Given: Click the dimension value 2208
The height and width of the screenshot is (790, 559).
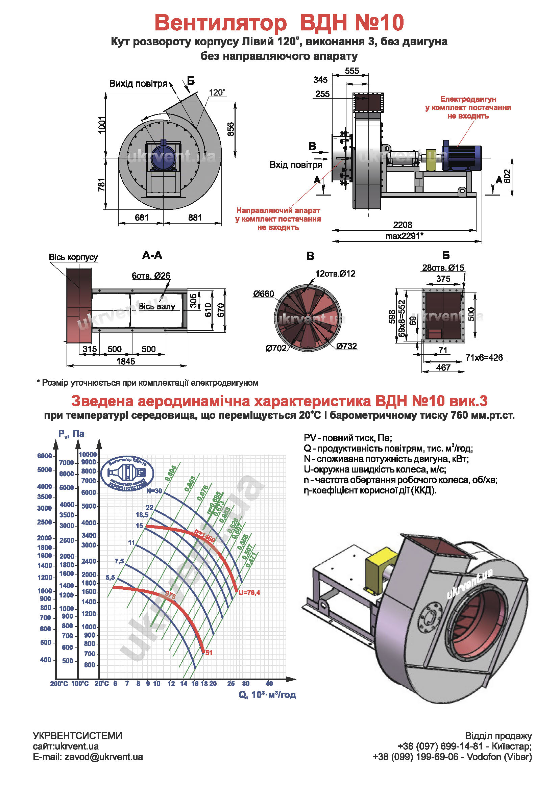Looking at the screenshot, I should (x=403, y=225).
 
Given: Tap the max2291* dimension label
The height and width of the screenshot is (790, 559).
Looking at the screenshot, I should (x=404, y=236).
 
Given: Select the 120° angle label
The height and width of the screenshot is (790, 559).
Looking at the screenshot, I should (x=217, y=93).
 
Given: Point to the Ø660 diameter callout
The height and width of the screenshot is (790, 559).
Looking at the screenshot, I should (x=263, y=294).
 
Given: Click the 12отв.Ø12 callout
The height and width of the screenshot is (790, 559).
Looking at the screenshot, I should (x=335, y=274).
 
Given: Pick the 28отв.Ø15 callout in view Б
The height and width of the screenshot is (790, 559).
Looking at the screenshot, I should (x=443, y=268).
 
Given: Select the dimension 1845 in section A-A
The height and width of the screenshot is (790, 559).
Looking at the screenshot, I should (x=126, y=361).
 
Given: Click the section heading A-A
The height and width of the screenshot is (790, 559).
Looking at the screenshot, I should (x=152, y=255).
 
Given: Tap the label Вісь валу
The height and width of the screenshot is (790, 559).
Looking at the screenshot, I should (x=156, y=306).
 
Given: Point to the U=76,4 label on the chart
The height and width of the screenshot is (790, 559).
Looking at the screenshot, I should (x=249, y=592).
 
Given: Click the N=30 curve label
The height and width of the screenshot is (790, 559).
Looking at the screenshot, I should (x=154, y=491).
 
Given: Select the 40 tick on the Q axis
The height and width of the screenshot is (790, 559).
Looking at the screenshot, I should (x=269, y=684).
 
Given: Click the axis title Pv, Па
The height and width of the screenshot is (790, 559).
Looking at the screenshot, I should (x=71, y=434).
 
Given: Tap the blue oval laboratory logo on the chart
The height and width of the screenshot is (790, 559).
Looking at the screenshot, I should (x=127, y=474).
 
